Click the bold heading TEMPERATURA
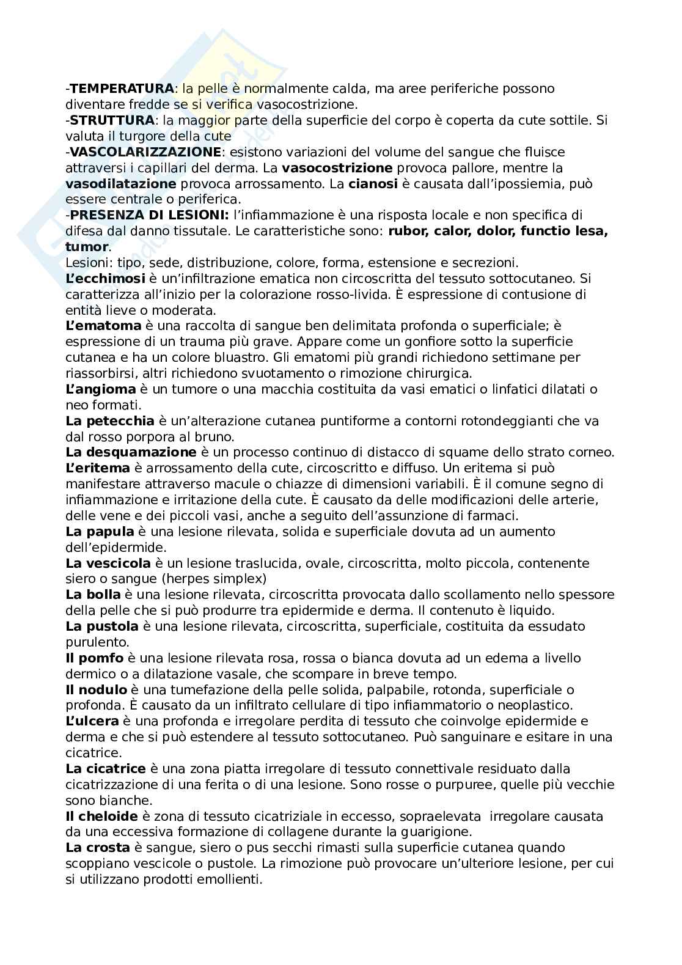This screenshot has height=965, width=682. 121,89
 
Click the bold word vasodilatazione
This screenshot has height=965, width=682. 120,183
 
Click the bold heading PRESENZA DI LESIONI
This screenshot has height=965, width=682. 149,215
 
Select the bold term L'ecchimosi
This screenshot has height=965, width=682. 105,279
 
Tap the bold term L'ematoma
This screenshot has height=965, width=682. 103,326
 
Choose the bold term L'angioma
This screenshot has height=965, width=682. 100,389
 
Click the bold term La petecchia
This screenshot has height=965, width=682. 109,421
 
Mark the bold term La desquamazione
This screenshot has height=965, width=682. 131,453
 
